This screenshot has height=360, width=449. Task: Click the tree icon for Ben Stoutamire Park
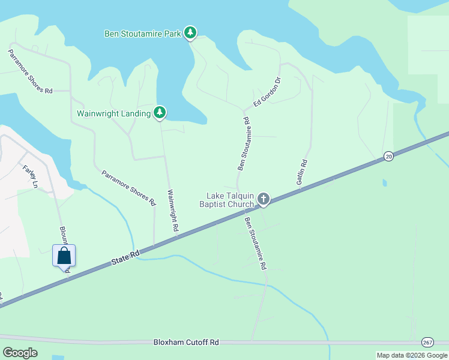[190, 32]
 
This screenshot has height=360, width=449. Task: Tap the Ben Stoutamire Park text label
[143, 34]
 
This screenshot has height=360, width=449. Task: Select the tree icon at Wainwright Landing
[160, 112]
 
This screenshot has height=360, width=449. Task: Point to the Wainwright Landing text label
[113, 113]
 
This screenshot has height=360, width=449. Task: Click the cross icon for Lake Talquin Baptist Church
[263, 199]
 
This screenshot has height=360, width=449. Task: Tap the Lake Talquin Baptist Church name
[230, 200]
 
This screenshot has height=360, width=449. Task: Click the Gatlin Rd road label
[304, 172]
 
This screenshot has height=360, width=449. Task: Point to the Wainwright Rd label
[172, 211]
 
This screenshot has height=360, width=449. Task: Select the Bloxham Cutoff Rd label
[185, 342]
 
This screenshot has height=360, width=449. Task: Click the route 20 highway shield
[388, 156]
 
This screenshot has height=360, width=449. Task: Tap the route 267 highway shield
[427, 341]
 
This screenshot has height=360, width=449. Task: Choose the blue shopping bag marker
[64, 256]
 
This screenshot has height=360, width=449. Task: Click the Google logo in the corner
[20, 352]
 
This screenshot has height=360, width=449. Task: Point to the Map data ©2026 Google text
[412, 355]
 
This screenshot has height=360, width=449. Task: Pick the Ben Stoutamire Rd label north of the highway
[243, 144]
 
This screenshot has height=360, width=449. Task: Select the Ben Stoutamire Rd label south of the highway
[255, 243]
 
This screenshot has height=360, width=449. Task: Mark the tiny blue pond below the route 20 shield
[384, 182]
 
